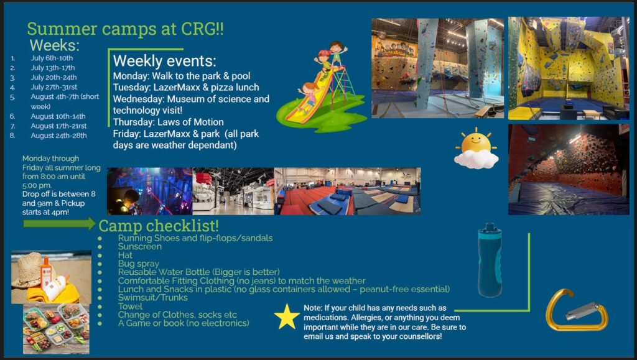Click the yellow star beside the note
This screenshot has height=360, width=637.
(x=287, y=316)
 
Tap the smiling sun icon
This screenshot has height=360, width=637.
(x=476, y=148)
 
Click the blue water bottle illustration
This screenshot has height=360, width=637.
(x=490, y=260)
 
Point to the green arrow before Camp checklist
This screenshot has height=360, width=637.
(x=59, y=224)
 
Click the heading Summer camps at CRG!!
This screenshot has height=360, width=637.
(x=125, y=29)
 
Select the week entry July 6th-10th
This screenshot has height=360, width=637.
(x=52, y=58)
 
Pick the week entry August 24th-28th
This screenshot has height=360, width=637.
(x=58, y=136)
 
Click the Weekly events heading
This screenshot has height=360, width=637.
(x=164, y=61)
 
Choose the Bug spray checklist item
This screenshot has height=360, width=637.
(x=139, y=264)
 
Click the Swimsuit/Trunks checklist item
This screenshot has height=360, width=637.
(x=153, y=297)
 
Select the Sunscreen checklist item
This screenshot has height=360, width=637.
(x=140, y=246)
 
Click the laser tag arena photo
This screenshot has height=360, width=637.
(x=149, y=191)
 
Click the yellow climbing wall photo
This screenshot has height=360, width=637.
(x=569, y=68)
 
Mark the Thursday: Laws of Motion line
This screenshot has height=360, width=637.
(x=168, y=122)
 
